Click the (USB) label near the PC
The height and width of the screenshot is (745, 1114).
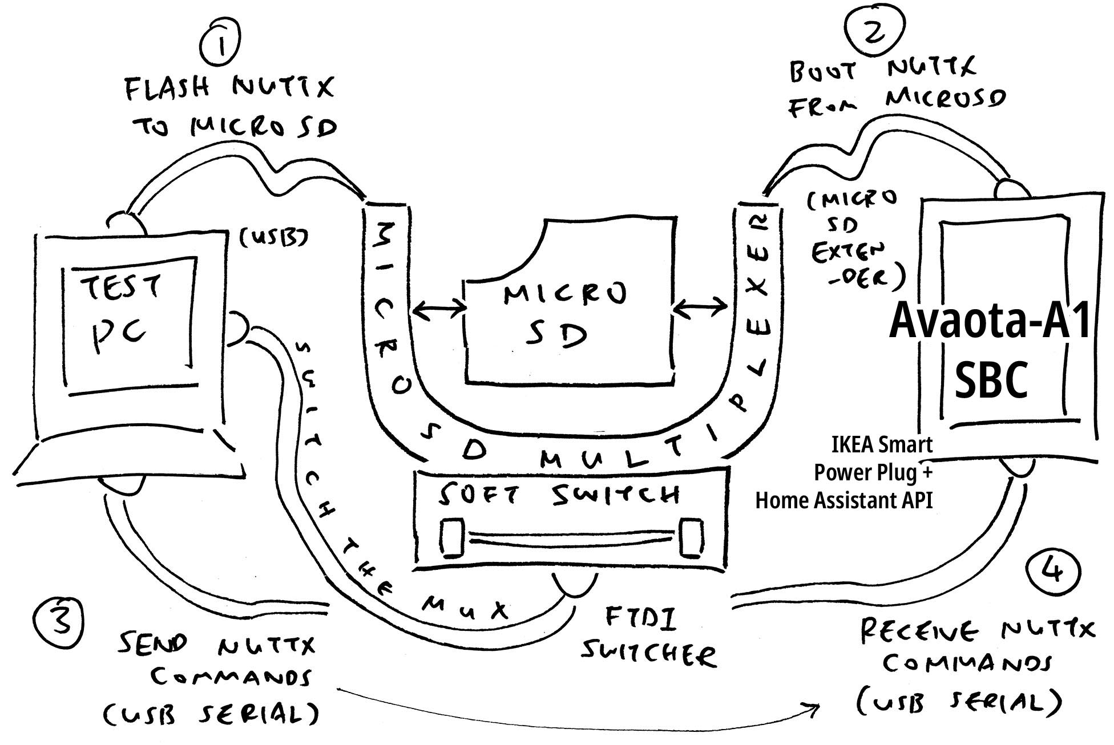pyautogui.click(x=273, y=237)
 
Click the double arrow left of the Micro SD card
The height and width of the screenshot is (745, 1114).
pyautogui.click(x=438, y=310)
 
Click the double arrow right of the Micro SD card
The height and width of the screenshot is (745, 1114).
pyautogui.click(x=700, y=309)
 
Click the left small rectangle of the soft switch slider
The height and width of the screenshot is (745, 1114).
pyautogui.click(x=452, y=537)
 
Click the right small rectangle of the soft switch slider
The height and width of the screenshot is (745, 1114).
pyautogui.click(x=691, y=537)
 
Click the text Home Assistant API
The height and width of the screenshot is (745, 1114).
pyautogui.click(x=843, y=500)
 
